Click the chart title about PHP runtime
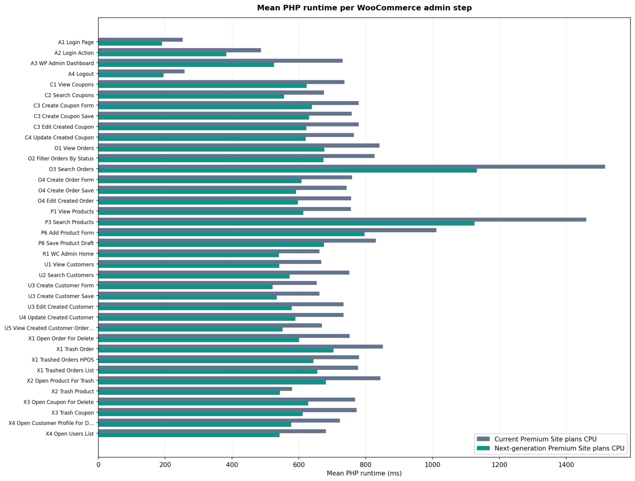coord(364,8)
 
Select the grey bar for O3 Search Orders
coord(351,167)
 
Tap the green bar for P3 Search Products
coord(286,224)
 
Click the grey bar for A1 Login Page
coord(141,40)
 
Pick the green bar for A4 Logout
coord(131,75)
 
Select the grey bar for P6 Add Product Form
coord(267,230)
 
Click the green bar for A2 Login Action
coord(162,54)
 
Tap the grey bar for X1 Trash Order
coord(241,347)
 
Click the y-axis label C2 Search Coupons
coord(69,95)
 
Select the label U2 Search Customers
coord(66,275)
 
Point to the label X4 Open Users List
coord(70,434)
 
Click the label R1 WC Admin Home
coord(68,254)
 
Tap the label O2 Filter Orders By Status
coord(61,159)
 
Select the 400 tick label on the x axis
coord(232,465)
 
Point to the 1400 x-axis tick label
coord(566,465)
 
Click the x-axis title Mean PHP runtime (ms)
coord(364,474)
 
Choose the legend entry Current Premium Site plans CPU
coord(545,440)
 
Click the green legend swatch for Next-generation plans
coord(483,448)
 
